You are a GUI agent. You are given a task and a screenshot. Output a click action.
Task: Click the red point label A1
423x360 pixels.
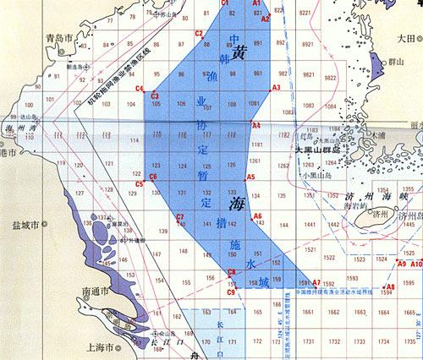(258, 4)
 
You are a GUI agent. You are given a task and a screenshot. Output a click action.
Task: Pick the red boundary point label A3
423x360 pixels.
(276, 87)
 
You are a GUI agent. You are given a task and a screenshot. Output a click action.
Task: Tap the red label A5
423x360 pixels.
(250, 177)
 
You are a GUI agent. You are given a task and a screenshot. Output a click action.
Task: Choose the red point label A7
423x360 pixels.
(316, 282)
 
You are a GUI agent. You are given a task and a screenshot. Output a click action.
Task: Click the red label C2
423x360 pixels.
(199, 34)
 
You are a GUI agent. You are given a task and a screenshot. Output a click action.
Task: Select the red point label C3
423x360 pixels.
(155, 96)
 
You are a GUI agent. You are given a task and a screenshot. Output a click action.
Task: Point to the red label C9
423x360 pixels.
(230, 292)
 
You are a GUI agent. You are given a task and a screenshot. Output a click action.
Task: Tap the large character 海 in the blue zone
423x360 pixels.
(237, 205)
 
